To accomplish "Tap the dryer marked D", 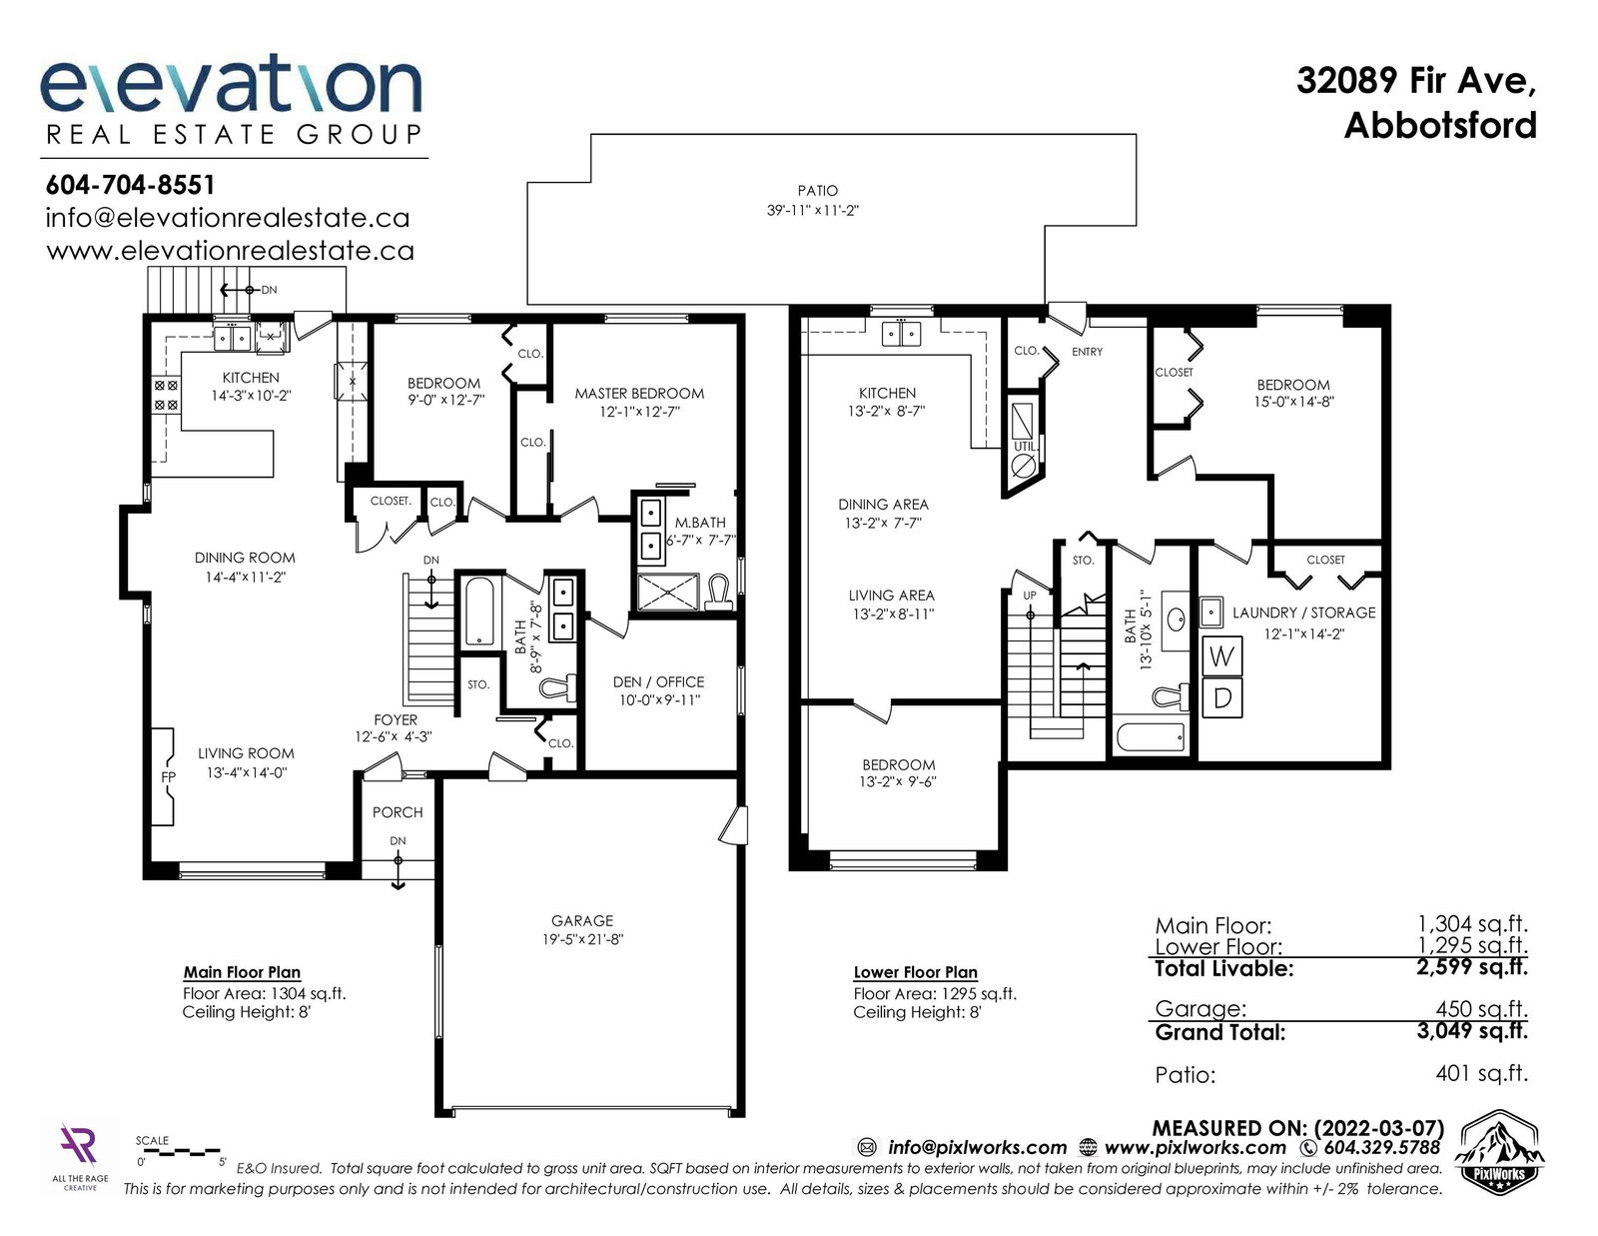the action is pyautogui.click(x=1221, y=697).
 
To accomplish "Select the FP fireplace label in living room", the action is pyautogui.click(x=169, y=777).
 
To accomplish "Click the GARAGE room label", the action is pyautogui.click(x=581, y=920).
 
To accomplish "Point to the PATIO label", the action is pyautogui.click(x=817, y=191).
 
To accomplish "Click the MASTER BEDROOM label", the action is pyautogui.click(x=639, y=394).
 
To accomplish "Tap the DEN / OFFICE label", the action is pyautogui.click(x=658, y=682).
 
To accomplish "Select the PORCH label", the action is pyautogui.click(x=398, y=812).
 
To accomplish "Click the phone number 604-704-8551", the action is pyautogui.click(x=130, y=185).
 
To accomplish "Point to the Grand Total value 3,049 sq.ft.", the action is pyautogui.click(x=1471, y=1031).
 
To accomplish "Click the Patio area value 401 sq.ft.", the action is pyautogui.click(x=1481, y=1073).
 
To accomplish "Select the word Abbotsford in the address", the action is pyautogui.click(x=1440, y=126).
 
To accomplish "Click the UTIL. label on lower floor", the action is pyautogui.click(x=1025, y=447).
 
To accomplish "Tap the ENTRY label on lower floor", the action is pyautogui.click(x=1087, y=352).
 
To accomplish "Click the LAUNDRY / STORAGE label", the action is pyautogui.click(x=1303, y=613).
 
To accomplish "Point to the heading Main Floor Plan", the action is pyautogui.click(x=242, y=972).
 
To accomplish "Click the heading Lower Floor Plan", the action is pyautogui.click(x=916, y=972).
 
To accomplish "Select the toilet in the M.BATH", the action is pyautogui.click(x=718, y=593).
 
